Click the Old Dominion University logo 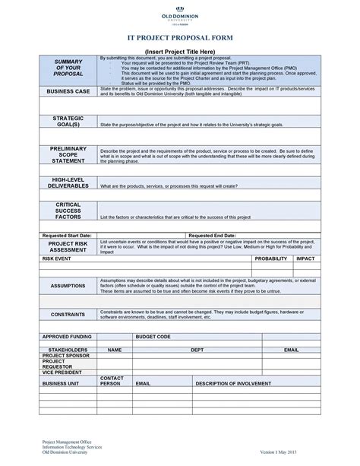click(x=179, y=17)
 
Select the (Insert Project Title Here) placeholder click(x=179, y=51)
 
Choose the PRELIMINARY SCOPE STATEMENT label click(x=68, y=155)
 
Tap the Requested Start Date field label click(x=68, y=236)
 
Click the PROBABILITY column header click(x=271, y=258)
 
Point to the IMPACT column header click(x=305, y=258)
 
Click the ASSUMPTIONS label click(x=68, y=286)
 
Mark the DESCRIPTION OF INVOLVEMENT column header click(x=233, y=384)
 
